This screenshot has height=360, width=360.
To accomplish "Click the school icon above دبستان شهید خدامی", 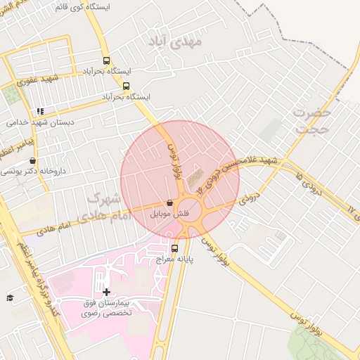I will (39, 111).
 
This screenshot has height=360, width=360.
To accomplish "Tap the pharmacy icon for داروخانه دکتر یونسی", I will (33, 161).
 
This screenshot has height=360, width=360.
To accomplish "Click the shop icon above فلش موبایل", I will (169, 203).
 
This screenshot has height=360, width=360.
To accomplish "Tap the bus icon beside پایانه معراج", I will (174, 247).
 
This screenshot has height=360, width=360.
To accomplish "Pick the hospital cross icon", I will (106, 292).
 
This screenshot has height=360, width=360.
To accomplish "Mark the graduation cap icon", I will (10, 298).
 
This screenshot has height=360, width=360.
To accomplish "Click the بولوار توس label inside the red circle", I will (174, 161).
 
